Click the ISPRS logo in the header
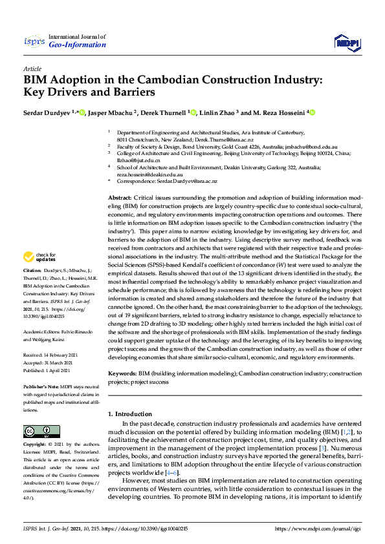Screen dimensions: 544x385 pos(34,41)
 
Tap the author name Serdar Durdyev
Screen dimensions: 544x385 pos(47,112)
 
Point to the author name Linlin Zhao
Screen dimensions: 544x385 pos(217,112)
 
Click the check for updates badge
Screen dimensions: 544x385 pos(40,275)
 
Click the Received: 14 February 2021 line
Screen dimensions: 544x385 pos(51,355)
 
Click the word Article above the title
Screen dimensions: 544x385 pos(32,68)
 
